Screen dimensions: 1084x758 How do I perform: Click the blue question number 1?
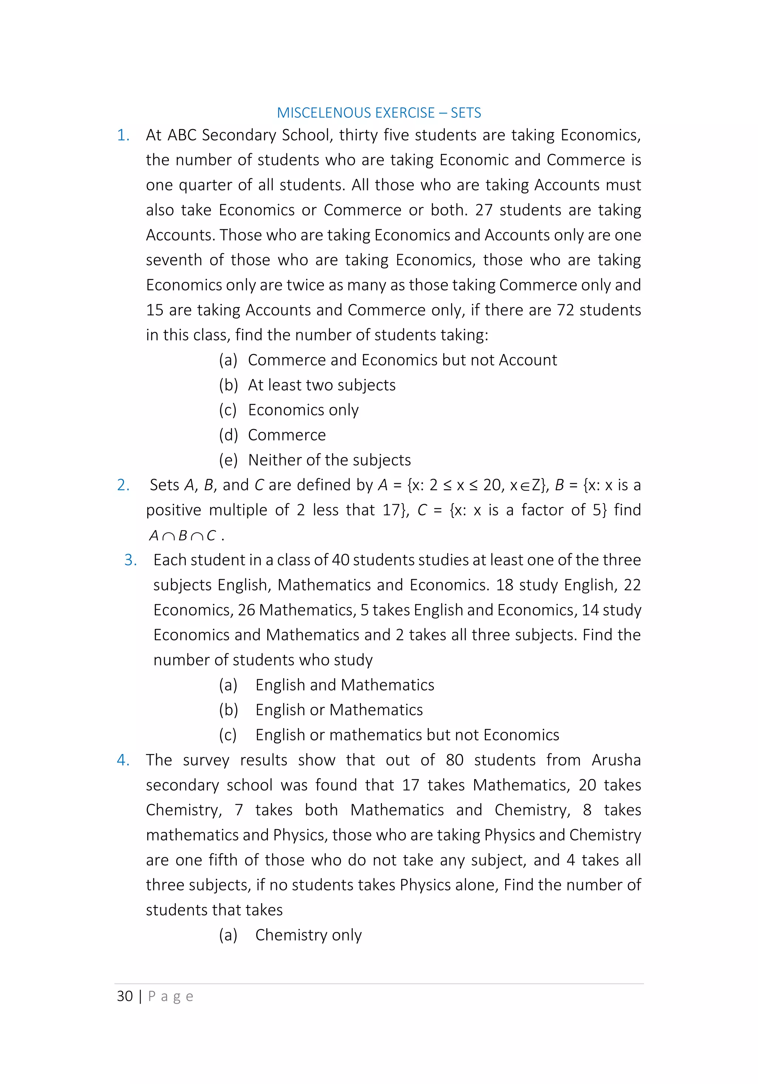[123, 135]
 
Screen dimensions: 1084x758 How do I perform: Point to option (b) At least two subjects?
[321, 385]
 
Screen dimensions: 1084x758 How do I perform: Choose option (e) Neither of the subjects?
[329, 460]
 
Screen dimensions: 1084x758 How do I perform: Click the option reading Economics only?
[303, 410]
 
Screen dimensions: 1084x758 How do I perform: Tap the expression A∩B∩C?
[182, 536]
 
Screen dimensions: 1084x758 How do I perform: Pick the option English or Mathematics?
[339, 710]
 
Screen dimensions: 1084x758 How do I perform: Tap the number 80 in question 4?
[455, 760]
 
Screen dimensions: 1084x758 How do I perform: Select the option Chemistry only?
[308, 935]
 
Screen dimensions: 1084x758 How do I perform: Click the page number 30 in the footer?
[125, 996]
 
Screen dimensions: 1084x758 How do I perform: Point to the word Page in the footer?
[171, 996]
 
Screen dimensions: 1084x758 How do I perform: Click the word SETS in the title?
[466, 113]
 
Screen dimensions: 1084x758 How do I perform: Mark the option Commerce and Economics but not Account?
[402, 360]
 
